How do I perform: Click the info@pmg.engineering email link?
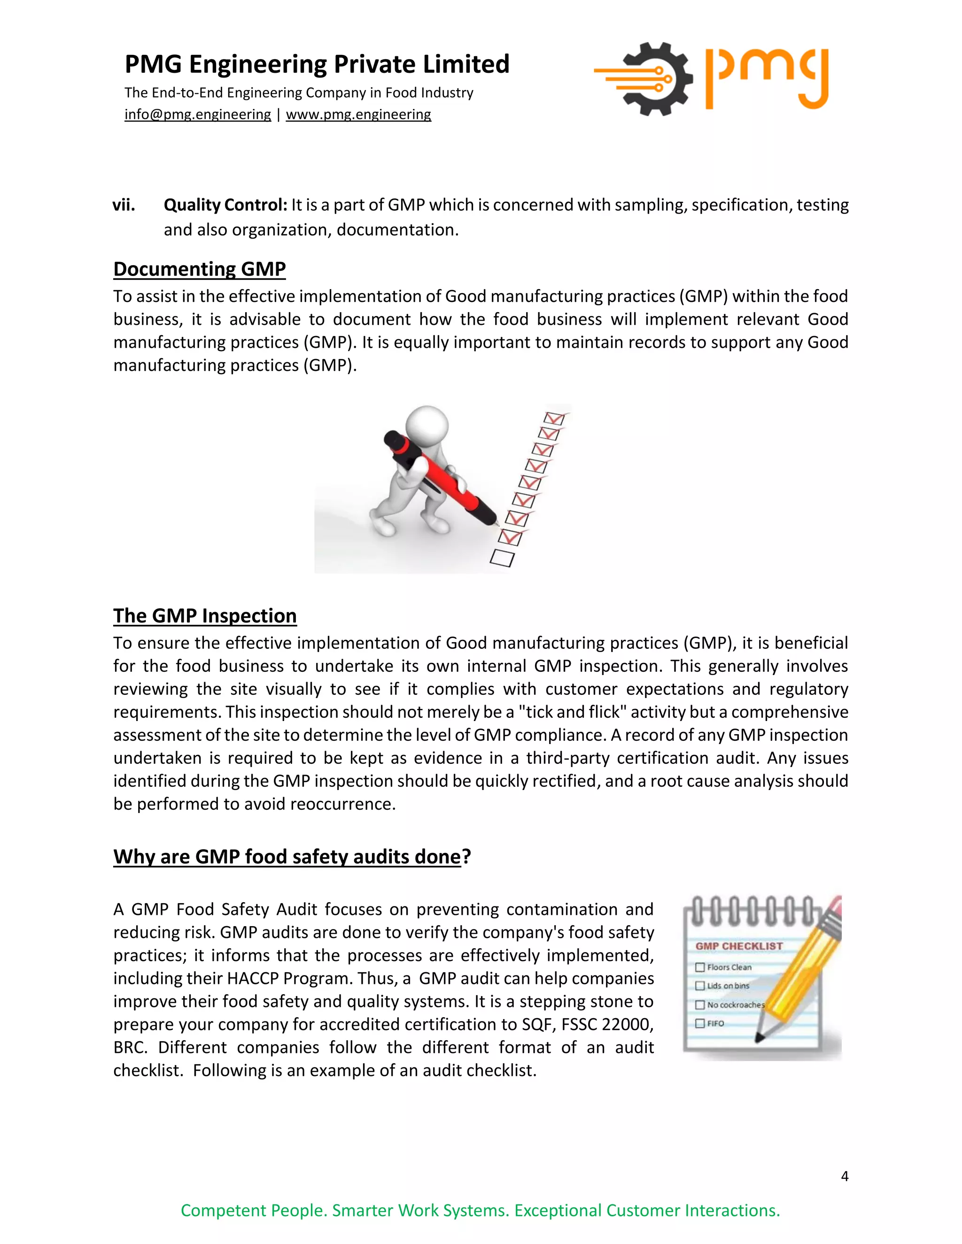tap(197, 115)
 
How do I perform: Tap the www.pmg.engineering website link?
tap(358, 115)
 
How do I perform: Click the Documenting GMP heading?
tap(200, 269)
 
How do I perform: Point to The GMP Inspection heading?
tap(205, 616)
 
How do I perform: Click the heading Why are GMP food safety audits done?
tap(292, 857)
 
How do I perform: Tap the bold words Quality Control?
tap(225, 205)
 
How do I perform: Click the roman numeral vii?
tap(124, 205)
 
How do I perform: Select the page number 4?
tap(844, 1176)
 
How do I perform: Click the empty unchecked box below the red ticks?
tap(502, 558)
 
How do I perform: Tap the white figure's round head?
tap(427, 426)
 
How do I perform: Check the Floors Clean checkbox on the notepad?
tap(700, 967)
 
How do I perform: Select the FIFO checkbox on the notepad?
tap(700, 1023)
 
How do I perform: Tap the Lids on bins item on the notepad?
tap(728, 986)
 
